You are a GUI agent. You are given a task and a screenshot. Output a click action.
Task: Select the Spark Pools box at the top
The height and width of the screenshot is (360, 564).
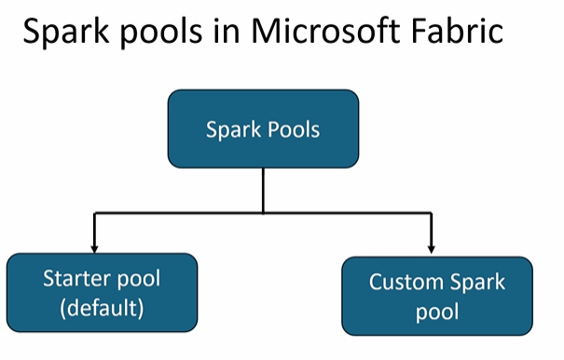[x=263, y=129]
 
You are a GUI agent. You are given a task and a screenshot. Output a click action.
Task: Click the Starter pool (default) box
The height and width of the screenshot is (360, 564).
[x=102, y=292]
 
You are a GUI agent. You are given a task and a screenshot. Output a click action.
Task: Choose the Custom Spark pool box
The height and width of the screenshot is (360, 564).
[x=437, y=296]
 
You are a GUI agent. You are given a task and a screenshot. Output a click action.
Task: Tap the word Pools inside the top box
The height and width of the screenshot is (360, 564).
[x=294, y=130]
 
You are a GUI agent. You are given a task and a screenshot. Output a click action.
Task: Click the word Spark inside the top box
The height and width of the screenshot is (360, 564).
[x=232, y=130]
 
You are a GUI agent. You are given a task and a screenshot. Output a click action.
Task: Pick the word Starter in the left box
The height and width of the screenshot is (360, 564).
[x=76, y=279]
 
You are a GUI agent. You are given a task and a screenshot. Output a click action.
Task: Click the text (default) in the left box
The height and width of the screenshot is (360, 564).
[x=102, y=306]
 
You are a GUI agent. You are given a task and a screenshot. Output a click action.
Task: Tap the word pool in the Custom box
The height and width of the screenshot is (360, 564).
[x=437, y=311]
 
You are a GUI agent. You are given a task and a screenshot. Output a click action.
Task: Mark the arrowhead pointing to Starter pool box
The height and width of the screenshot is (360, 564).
[x=94, y=247]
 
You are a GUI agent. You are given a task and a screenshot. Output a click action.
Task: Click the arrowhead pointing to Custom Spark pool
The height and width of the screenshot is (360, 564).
[x=432, y=247]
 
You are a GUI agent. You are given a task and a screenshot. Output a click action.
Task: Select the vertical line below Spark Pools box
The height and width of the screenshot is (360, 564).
[x=263, y=190]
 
